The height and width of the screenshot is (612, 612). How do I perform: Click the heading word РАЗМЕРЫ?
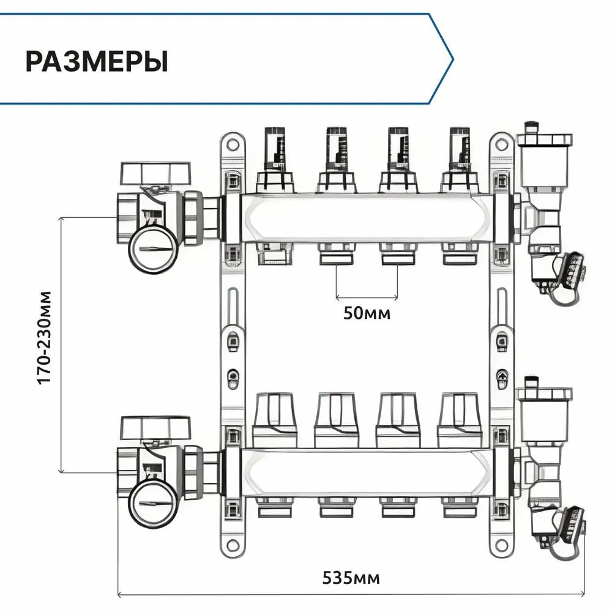click(x=96, y=62)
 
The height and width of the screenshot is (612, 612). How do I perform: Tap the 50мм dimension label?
click(x=367, y=313)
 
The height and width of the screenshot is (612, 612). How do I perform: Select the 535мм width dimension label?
click(x=351, y=577)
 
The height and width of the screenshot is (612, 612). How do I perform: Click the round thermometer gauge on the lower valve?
click(x=152, y=502)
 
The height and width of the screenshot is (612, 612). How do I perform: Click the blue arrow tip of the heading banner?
click(x=452, y=59)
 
